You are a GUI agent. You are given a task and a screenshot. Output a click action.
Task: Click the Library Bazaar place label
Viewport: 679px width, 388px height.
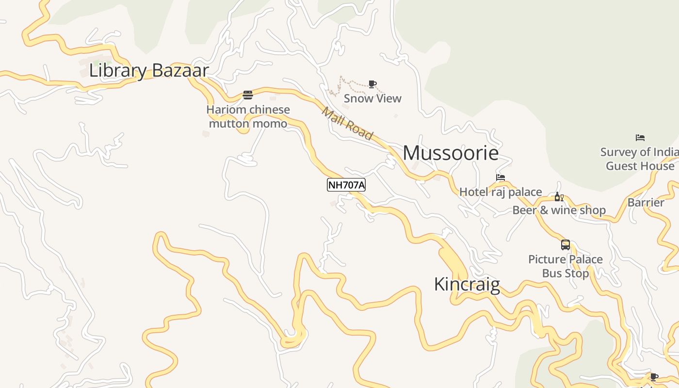pyautogui.click(x=148, y=70)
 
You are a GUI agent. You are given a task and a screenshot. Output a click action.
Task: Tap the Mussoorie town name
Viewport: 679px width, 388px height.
pyautogui.click(x=451, y=153)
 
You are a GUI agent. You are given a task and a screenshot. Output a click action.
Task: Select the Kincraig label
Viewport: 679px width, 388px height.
pyautogui.click(x=467, y=284)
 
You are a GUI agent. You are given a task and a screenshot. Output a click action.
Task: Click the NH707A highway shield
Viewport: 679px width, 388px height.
pyautogui.click(x=346, y=185)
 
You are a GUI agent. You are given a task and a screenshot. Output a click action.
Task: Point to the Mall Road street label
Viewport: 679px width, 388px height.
pyautogui.click(x=348, y=124)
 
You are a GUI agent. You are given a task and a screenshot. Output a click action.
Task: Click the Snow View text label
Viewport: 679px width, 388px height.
pyautogui.click(x=372, y=98)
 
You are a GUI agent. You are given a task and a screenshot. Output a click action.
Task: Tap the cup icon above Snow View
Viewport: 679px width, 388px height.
pyautogui.click(x=372, y=84)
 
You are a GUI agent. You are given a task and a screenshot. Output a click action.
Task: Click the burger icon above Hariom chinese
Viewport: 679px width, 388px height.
pyautogui.click(x=248, y=95)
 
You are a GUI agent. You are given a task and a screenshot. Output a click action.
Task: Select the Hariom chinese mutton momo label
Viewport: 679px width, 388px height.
pyautogui.click(x=248, y=117)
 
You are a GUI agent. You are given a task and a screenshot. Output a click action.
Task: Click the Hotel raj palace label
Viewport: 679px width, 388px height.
pyautogui.click(x=501, y=192)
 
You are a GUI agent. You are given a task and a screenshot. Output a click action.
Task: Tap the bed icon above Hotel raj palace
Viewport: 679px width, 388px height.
pyautogui.click(x=501, y=178)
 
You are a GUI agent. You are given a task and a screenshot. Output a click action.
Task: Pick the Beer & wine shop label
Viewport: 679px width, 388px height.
pyautogui.click(x=559, y=210)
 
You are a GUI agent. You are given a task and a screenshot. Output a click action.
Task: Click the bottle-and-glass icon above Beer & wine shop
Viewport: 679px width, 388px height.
pyautogui.click(x=559, y=197)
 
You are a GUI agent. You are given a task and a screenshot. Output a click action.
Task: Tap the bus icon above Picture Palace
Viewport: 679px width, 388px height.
pyautogui.click(x=566, y=245)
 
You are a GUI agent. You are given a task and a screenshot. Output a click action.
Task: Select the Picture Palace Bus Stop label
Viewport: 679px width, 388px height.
pyautogui.click(x=566, y=266)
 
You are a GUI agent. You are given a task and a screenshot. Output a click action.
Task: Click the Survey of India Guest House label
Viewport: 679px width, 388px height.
pyautogui.click(x=640, y=159)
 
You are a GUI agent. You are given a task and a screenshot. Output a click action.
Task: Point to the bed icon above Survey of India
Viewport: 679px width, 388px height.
pyautogui.click(x=640, y=138)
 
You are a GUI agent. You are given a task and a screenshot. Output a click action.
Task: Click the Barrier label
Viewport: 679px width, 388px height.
pyautogui.click(x=646, y=202)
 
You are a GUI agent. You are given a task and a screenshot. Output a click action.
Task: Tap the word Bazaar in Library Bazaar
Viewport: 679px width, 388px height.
pyautogui.click(x=180, y=70)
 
